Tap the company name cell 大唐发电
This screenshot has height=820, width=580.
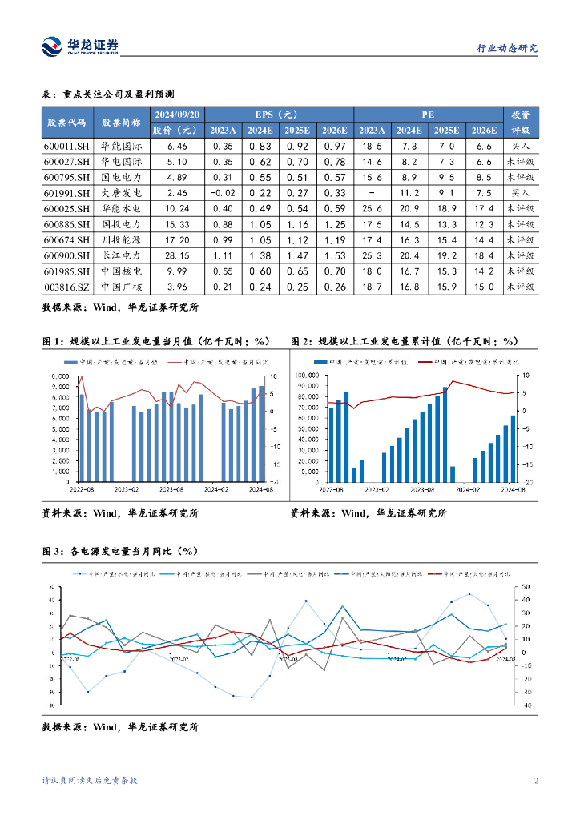(x=122, y=193)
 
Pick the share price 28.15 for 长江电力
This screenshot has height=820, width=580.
(x=178, y=255)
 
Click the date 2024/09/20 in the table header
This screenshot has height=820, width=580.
(x=178, y=114)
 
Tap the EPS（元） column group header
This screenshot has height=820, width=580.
(x=277, y=114)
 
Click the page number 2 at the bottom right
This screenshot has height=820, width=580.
(x=535, y=781)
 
